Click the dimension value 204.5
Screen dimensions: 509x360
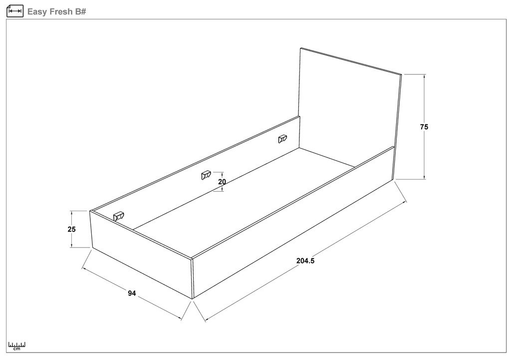(x=305, y=261)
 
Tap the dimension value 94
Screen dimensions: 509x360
(x=132, y=294)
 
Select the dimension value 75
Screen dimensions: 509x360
(x=424, y=127)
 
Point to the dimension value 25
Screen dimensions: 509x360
(x=71, y=229)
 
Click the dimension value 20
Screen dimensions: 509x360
(x=222, y=182)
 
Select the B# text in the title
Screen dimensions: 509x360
(x=81, y=11)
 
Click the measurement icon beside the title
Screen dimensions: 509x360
(x=15, y=11)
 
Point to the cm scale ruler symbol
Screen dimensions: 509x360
(x=17, y=346)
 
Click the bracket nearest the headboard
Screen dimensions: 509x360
(x=282, y=139)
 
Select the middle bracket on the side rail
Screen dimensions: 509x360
(x=206, y=175)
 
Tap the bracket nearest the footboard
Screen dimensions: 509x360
(x=118, y=216)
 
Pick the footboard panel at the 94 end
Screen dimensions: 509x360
(x=141, y=255)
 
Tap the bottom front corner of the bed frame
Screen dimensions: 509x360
(x=193, y=299)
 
